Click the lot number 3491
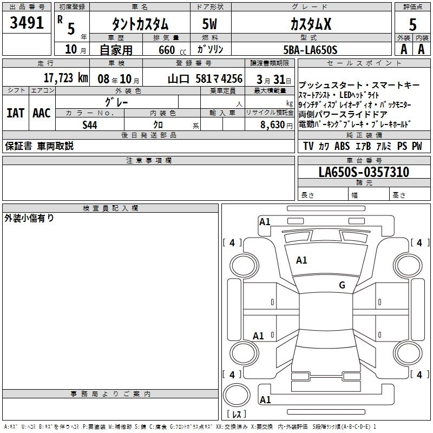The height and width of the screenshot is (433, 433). pos(27,23)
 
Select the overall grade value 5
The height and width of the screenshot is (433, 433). pos(412,24)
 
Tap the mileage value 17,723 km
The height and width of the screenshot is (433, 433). pos(65,78)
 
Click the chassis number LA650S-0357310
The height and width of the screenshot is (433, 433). pos(364,172)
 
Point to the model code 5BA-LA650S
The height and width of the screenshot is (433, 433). pos(310,50)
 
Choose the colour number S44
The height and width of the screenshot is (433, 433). pos(90,125)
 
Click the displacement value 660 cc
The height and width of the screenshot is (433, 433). pos(172,50)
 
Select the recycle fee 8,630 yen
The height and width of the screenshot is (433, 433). pos(277,125)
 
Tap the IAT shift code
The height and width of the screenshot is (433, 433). pos(16,113)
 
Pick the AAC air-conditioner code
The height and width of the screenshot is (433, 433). pos(42,113)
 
